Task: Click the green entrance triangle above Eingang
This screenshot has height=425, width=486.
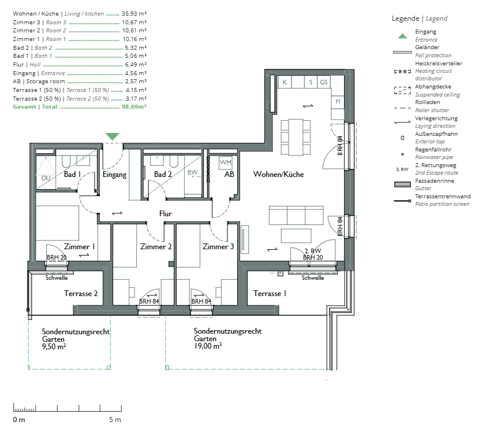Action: coord(112,136)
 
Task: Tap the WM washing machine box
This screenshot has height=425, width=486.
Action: coord(225,162)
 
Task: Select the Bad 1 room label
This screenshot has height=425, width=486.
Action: coord(72,174)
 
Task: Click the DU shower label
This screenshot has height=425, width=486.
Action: coord(46,178)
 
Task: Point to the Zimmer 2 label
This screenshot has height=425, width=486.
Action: coord(156,246)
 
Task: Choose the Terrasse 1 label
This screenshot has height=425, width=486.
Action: coord(270,293)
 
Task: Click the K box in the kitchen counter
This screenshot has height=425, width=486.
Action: coord(285,82)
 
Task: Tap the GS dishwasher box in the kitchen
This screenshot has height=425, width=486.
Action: coord(324,82)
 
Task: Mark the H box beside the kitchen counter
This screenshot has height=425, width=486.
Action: coord(338,102)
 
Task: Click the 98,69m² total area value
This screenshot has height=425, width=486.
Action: coord(134,107)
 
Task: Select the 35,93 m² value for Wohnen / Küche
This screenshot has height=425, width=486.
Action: coord(134,14)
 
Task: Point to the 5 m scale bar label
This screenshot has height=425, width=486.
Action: coord(115,420)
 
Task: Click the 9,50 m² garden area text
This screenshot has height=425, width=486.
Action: coord(54,346)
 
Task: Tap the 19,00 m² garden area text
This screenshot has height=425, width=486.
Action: coord(208,346)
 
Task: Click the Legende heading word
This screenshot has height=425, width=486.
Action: coord(405,19)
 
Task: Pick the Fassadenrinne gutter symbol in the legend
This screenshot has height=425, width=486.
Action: coord(402,184)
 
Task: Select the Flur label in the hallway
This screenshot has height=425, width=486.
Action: coord(166,213)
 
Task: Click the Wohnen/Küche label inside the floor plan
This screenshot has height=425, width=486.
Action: coord(278,174)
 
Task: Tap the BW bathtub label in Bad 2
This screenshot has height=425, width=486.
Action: coord(192,172)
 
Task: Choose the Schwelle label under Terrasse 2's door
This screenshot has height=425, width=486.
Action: coord(57,278)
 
